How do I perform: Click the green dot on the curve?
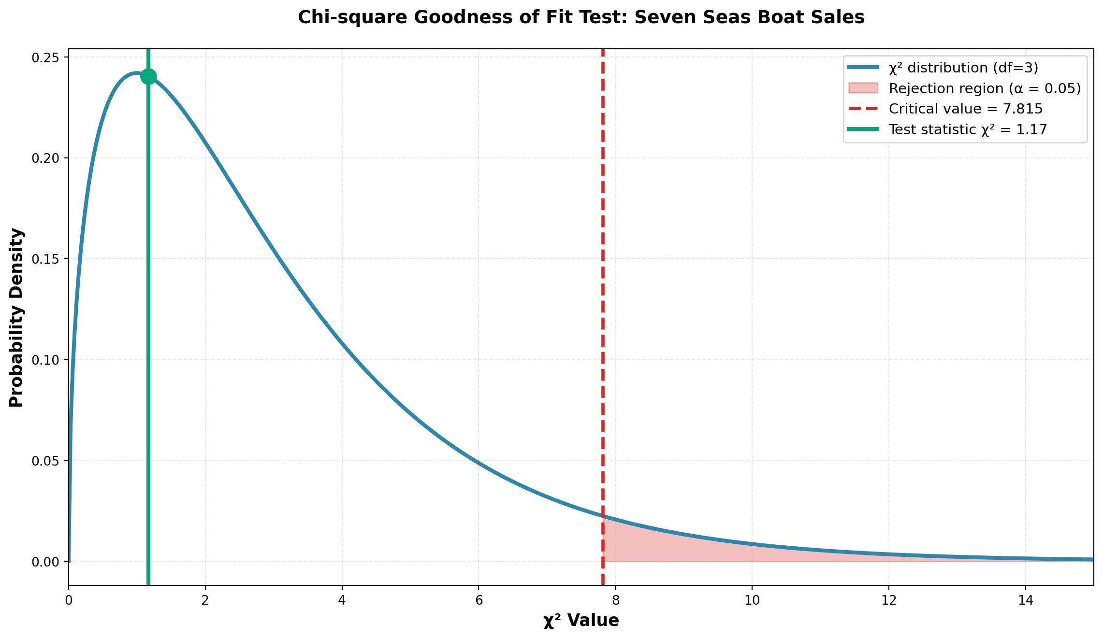click(x=148, y=76)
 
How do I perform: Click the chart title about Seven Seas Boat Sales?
click(x=581, y=17)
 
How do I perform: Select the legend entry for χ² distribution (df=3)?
click(x=963, y=68)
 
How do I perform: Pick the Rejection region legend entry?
click(x=985, y=89)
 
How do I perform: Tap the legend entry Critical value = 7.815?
click(x=965, y=109)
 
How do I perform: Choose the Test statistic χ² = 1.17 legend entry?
click(x=968, y=130)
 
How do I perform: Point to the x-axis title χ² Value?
click(x=581, y=621)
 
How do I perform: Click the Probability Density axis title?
click(x=16, y=317)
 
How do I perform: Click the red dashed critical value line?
click(x=603, y=290)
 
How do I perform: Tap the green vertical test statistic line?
click(x=148, y=338)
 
